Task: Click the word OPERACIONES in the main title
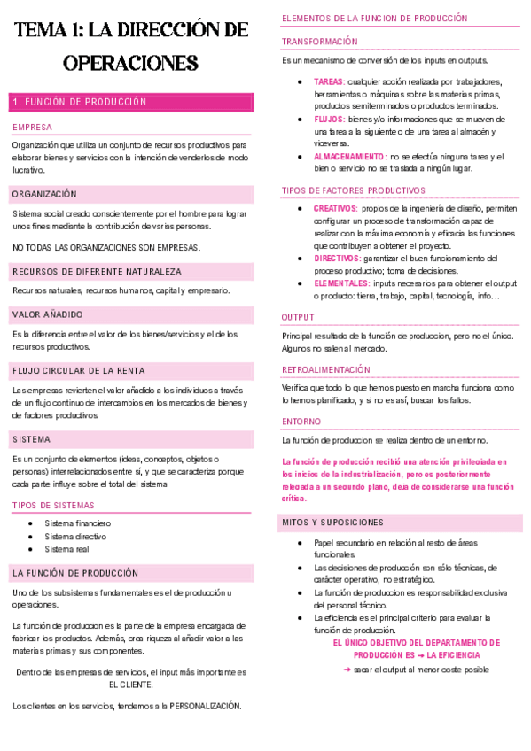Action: tap(130, 64)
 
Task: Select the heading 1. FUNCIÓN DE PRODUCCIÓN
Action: tap(80, 103)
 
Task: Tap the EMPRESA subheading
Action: tap(33, 128)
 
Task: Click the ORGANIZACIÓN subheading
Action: tap(45, 194)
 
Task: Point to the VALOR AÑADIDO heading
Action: tap(49, 314)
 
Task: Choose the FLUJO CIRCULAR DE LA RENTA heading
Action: tap(79, 371)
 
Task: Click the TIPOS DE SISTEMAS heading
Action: tap(53, 505)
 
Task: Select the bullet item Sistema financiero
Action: tap(78, 523)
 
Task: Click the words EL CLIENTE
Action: tap(131, 685)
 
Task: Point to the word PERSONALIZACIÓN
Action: tap(199, 706)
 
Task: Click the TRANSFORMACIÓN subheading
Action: tap(320, 42)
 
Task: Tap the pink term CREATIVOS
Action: tap(335, 208)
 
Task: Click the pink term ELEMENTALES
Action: tap(341, 283)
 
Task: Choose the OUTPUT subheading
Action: tap(297, 316)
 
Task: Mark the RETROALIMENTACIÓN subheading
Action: tap(326, 369)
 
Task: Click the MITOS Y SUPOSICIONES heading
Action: tap(332, 523)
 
